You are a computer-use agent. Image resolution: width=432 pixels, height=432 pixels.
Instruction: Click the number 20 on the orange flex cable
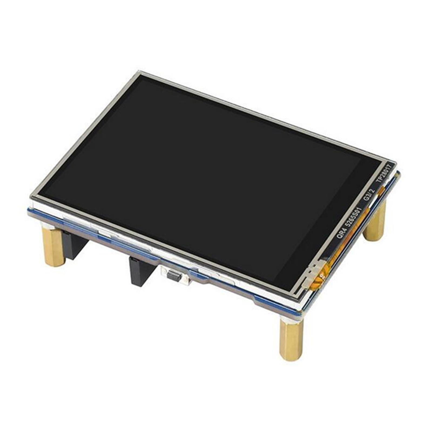click(x=322, y=276)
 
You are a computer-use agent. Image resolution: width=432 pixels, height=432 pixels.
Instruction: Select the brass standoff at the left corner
click(x=53, y=247)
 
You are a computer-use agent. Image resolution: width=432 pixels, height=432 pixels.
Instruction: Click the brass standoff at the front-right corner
click(x=291, y=340)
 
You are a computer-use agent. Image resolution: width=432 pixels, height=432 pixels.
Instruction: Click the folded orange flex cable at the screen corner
click(x=321, y=275)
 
